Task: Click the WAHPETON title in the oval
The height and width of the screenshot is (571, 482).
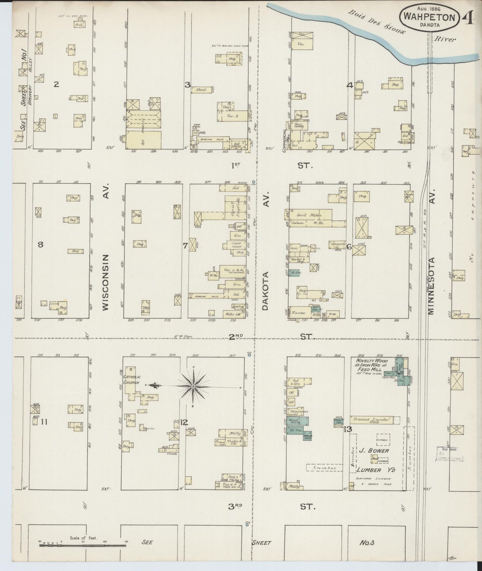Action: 429,17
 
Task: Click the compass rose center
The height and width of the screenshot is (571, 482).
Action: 193,386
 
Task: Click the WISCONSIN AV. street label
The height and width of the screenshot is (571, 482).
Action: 106,282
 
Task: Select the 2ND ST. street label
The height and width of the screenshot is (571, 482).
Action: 236,337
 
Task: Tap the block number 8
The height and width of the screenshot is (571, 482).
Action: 40,244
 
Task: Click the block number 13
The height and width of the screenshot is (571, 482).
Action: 348,429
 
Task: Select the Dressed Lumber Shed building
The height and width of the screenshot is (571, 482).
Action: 371,420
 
